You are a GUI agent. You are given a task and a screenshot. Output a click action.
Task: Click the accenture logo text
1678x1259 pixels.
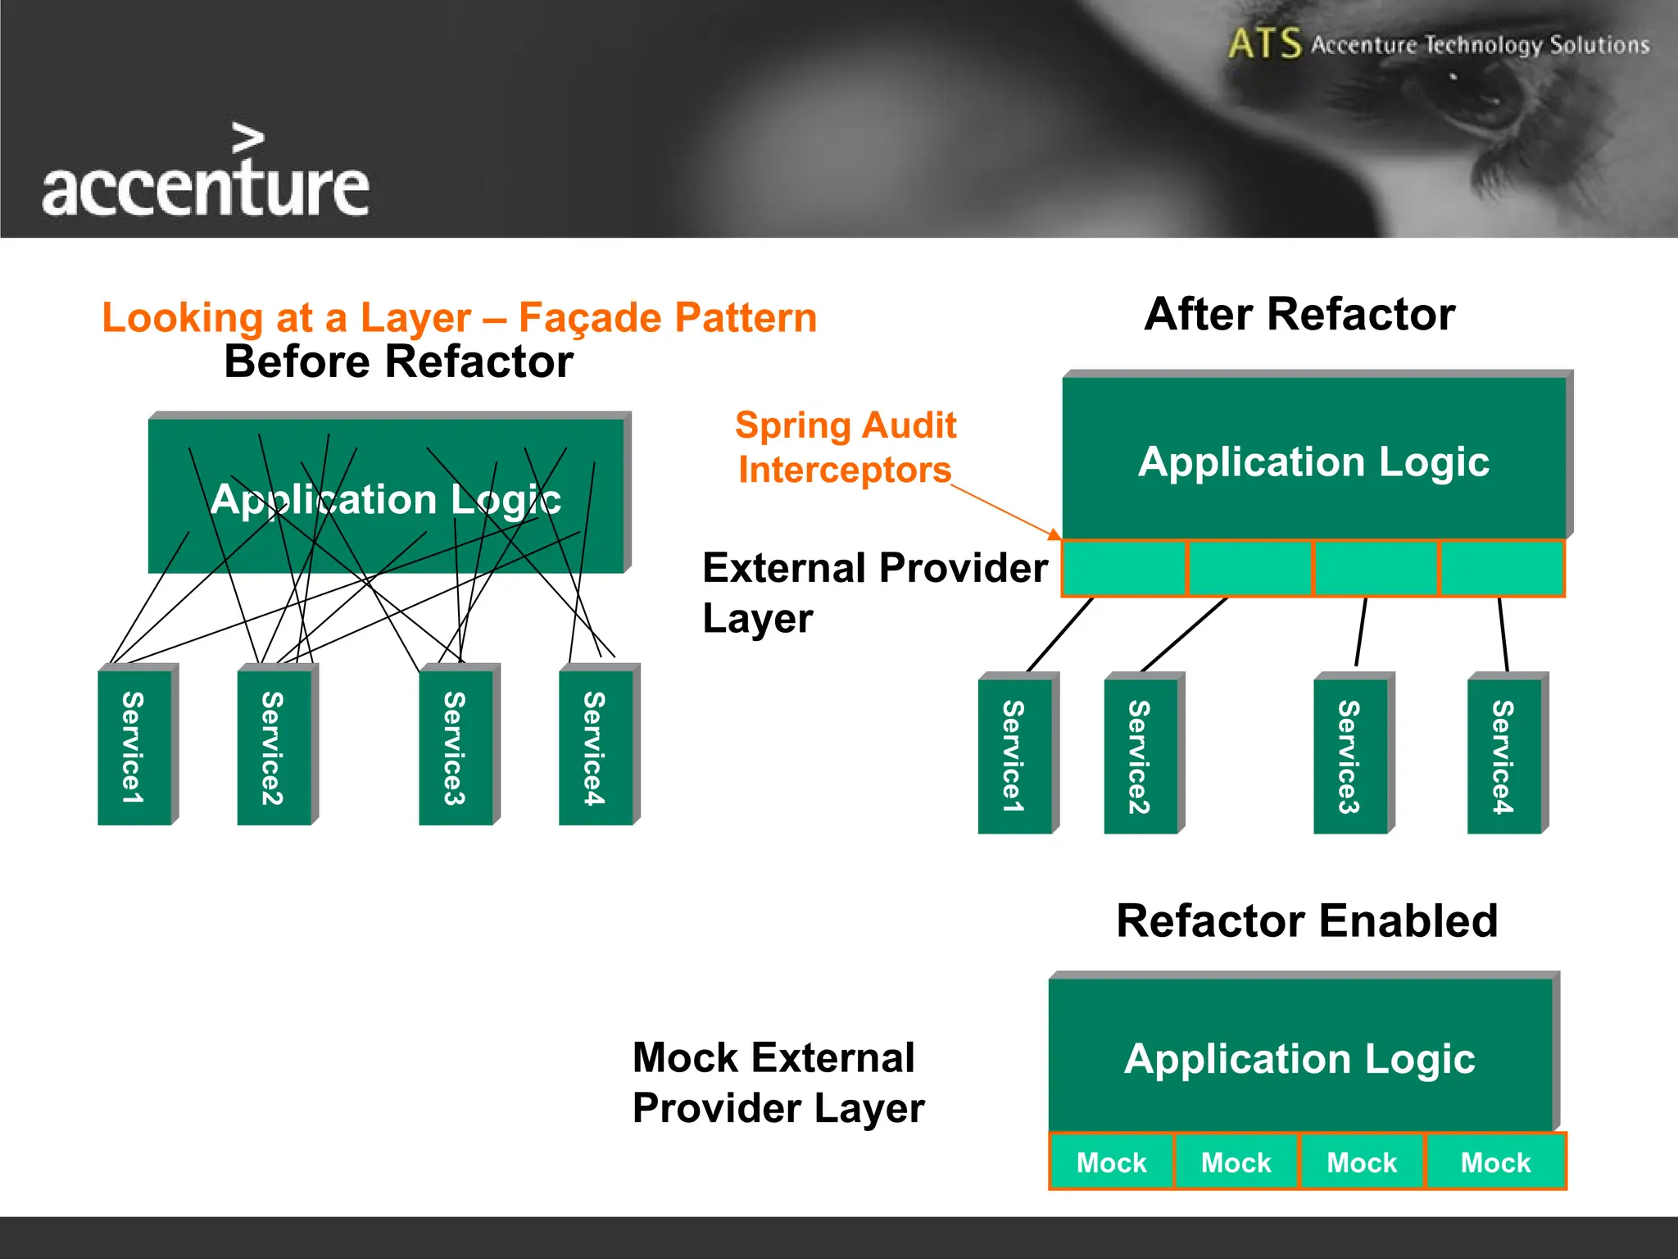click(205, 187)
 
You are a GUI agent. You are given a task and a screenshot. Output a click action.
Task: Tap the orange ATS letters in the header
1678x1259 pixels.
click(1264, 43)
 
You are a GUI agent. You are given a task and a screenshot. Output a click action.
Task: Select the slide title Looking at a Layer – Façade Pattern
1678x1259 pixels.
click(459, 318)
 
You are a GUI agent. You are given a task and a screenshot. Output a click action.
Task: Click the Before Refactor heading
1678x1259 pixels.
click(398, 361)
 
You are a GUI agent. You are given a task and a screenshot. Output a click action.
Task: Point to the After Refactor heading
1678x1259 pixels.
click(1299, 314)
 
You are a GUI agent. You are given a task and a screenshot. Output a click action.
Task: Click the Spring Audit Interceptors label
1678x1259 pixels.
click(845, 448)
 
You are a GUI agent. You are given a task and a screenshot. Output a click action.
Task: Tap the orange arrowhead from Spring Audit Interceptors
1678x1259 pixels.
click(1054, 534)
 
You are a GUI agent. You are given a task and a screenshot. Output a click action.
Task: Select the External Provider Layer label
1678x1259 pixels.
click(874, 592)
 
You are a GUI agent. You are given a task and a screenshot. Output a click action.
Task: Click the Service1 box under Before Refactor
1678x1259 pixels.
click(134, 747)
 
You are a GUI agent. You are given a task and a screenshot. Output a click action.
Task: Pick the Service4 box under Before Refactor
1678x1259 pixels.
click(595, 747)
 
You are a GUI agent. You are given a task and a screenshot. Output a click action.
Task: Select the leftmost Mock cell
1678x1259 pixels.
click(1111, 1161)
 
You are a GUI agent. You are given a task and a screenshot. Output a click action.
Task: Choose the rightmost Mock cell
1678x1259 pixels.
click(1495, 1161)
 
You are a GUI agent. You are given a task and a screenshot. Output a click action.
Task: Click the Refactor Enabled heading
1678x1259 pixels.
click(1307, 920)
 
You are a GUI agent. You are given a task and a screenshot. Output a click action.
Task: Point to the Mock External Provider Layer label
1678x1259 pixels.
click(778, 1082)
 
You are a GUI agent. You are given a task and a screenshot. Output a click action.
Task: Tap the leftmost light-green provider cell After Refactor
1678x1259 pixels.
click(1124, 568)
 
